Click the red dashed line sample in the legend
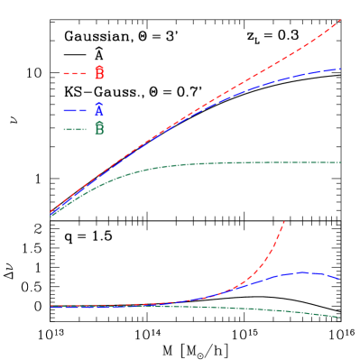(75, 73)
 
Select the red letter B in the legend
(99, 73)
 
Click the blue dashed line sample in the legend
(75, 110)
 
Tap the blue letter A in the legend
(99, 111)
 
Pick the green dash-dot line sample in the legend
(75, 129)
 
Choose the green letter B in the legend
(99, 129)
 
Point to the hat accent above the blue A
(99, 104)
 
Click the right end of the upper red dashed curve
(340, 20)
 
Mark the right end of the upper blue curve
(340, 69)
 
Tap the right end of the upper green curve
(340, 162)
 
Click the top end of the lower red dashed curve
(284, 221)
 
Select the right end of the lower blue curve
(339, 279)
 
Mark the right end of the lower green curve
(339, 317)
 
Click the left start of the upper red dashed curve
(51, 212)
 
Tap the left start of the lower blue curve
(51, 307)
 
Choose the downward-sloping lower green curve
(289, 311)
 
